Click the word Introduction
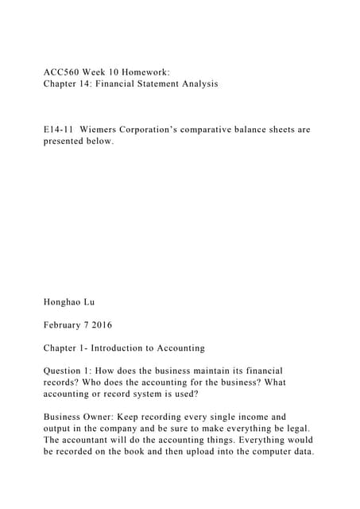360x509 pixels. (130, 348)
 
